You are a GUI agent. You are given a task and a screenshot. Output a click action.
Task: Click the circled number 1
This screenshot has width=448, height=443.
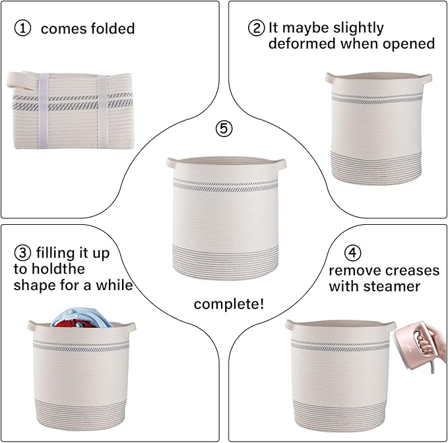coord(22,29)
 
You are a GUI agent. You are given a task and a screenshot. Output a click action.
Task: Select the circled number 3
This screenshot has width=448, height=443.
coord(22,253)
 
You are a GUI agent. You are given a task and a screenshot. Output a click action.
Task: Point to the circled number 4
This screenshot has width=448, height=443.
coord(353,253)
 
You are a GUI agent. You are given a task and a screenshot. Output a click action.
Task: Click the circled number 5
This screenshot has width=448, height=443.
coord(224,129)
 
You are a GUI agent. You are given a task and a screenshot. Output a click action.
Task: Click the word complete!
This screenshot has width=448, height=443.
coord(229,304)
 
